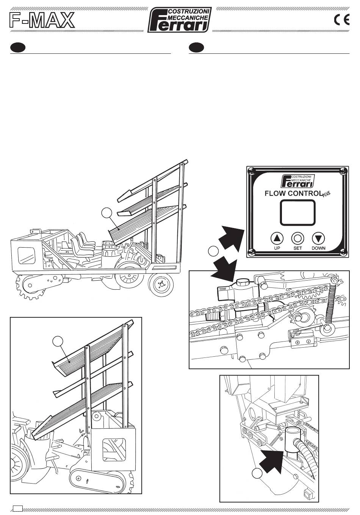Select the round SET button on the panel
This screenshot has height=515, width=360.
(x=297, y=238)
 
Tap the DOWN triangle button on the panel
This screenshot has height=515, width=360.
(x=318, y=238)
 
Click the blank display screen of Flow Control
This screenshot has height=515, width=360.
(x=297, y=212)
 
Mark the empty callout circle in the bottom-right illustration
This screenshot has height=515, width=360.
(x=257, y=473)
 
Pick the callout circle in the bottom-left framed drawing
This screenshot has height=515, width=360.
(x=58, y=341)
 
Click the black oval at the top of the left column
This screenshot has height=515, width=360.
(x=17, y=48)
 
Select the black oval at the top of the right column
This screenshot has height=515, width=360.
(x=196, y=48)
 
